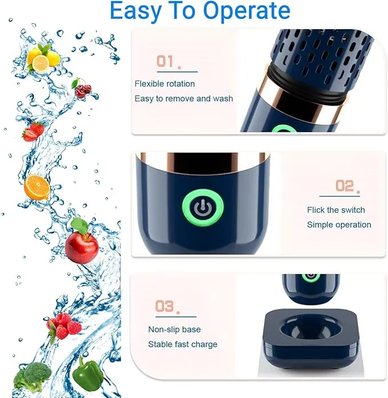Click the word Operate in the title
pos(246,11)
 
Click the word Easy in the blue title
pos(135,11)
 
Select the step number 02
pos(347,186)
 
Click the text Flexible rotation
pos(165,84)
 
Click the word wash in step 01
pos(223,98)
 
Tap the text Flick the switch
pos(335,210)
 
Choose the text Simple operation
pos(339,224)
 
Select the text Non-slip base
pos(174,329)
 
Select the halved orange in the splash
pos(37,187)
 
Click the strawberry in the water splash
pos(34,131)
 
